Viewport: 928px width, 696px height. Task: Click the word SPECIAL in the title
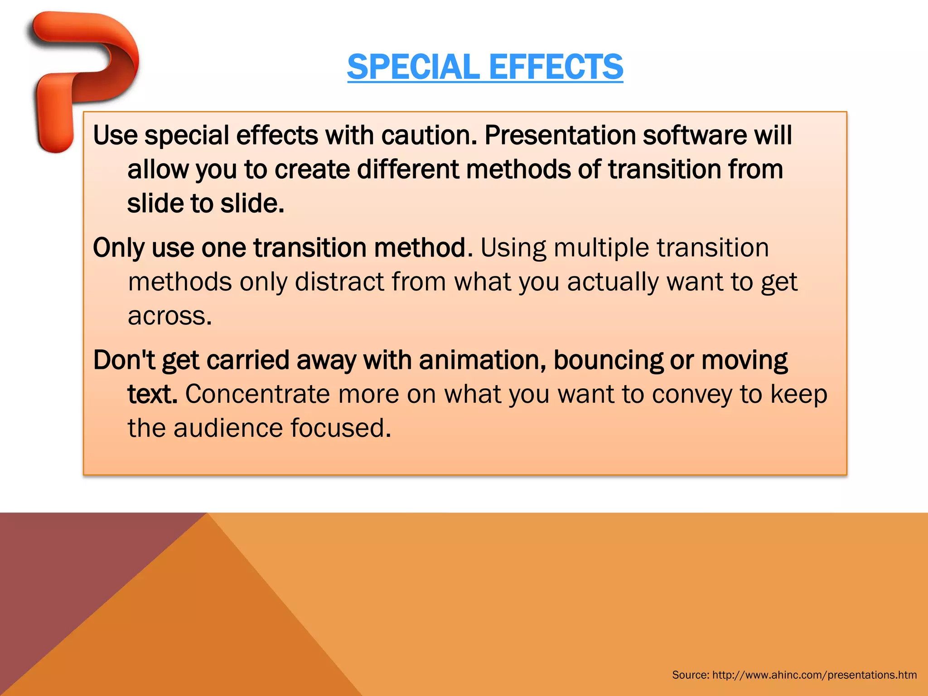pos(413,67)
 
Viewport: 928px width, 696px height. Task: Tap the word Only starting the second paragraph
pos(118,248)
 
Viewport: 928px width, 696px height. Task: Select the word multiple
pos(601,248)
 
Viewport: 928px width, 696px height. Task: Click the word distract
pos(339,282)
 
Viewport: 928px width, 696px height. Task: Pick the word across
pos(169,316)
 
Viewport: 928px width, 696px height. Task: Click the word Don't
pos(124,360)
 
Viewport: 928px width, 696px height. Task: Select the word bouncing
pos(608,360)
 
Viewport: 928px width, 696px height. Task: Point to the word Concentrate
pos(257,394)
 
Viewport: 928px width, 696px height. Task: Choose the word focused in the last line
pos(340,428)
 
